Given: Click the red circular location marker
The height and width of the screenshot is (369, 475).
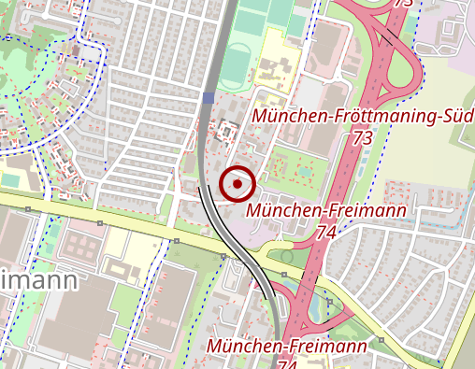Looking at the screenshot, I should [x=238, y=184].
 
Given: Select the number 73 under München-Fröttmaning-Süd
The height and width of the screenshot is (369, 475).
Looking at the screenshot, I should [x=364, y=137].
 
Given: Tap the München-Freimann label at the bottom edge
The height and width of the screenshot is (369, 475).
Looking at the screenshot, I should [x=287, y=348].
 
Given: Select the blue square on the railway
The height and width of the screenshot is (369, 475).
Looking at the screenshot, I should [x=208, y=97].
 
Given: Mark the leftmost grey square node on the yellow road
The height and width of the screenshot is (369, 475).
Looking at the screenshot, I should [x=28, y=209].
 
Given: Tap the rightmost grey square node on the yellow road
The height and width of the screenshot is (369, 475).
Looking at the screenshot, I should [x=381, y=339].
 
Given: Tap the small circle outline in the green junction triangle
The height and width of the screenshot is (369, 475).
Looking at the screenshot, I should [x=286, y=256].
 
